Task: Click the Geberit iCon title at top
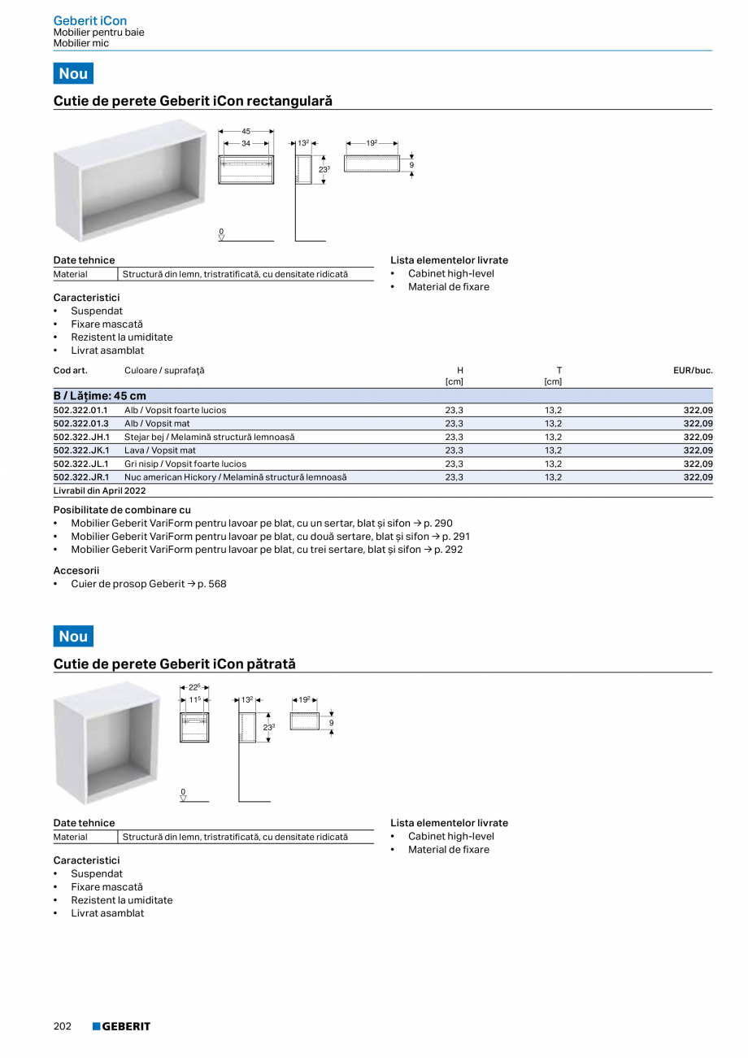(x=90, y=20)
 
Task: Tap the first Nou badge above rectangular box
(x=73, y=73)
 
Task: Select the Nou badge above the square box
(x=73, y=636)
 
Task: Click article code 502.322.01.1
(x=80, y=411)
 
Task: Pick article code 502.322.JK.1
(x=81, y=451)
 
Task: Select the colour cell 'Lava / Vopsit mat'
(x=160, y=451)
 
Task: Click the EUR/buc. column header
(x=693, y=371)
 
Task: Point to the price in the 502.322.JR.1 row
(x=698, y=477)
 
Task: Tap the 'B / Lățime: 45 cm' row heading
(x=100, y=396)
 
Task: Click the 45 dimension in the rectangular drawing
(x=246, y=130)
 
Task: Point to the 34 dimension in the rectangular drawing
(x=246, y=143)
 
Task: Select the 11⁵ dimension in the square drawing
(x=194, y=699)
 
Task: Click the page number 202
(x=63, y=1026)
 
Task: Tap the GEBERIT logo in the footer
(x=121, y=1026)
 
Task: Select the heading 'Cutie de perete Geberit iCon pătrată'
(x=175, y=664)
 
